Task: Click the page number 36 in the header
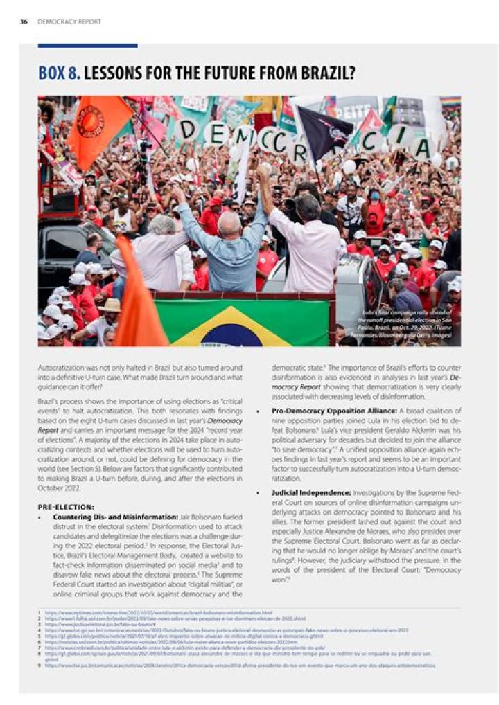[x=24, y=22]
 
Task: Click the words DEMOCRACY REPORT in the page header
[x=69, y=22]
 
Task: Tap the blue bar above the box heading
[x=87, y=46]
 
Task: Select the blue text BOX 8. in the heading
[x=61, y=73]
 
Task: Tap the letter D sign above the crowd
[x=216, y=133]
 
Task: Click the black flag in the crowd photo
[x=323, y=131]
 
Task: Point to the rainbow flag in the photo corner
[x=450, y=102]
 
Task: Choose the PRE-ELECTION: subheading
[x=66, y=506]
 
